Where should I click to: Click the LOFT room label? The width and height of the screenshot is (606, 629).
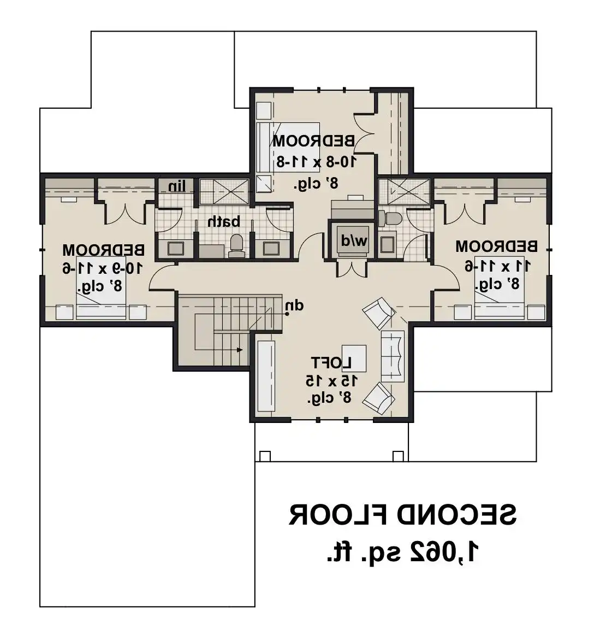331,363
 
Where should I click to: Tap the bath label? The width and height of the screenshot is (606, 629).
224,221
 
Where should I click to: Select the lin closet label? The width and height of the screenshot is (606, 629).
177,186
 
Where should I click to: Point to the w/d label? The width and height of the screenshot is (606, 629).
354,241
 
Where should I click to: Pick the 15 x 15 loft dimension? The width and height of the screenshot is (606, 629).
332,381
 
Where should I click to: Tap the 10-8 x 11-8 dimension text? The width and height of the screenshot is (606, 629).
316,162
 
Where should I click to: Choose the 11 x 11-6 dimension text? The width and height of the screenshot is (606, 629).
498,266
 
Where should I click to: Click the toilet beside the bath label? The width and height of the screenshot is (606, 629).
236,246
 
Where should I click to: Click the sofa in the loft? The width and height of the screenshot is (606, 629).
393,356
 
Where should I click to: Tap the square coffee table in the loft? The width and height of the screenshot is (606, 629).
354,358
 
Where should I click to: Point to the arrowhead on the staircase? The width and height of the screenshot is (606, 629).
240,350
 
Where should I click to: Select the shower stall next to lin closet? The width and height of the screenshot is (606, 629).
224,192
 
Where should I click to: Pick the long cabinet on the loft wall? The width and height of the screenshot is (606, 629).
266,376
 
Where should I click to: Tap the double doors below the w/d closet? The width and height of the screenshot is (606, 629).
352,269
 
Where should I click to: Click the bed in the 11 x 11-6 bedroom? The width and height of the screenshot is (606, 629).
500,288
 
